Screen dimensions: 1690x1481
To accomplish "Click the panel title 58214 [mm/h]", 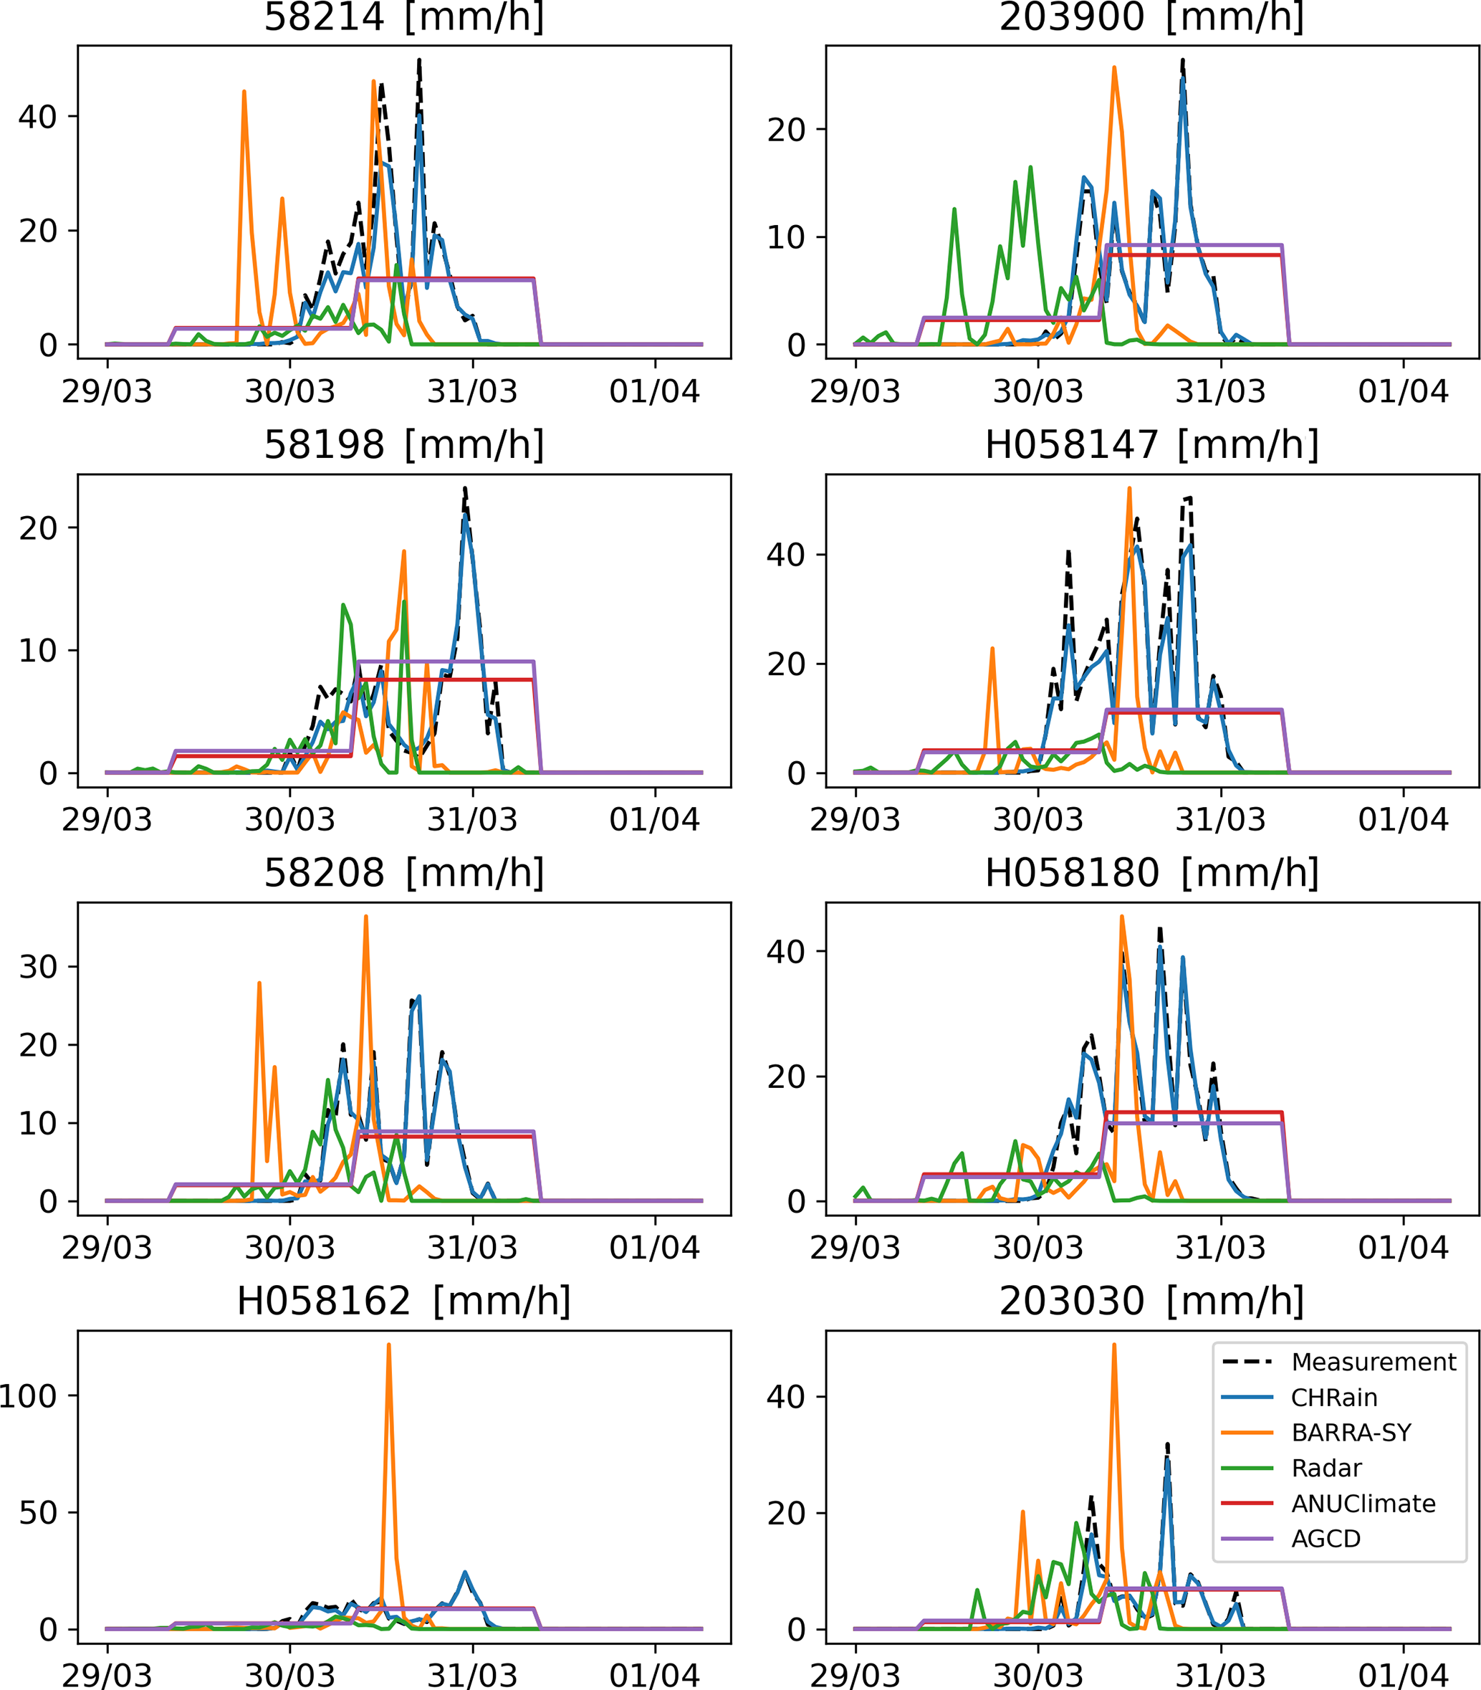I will [x=404, y=16].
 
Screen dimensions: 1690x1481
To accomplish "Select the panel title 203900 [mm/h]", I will [x=1152, y=16].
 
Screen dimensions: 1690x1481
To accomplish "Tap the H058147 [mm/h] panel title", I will [x=1152, y=445].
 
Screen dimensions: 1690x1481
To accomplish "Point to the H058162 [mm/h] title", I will [x=404, y=1301].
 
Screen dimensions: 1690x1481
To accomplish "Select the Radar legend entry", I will [x=1326, y=1468].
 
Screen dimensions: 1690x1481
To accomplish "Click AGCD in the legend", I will [x=1326, y=1539].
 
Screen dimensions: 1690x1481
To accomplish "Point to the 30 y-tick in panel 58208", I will [x=38, y=967].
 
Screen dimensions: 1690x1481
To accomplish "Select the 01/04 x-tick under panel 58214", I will [x=655, y=391].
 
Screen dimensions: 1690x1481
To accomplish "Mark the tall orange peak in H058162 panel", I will [x=388, y=1345].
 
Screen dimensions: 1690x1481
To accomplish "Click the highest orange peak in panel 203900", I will [x=1114, y=68].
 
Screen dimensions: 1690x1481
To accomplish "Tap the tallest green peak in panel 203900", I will [x=1030, y=168].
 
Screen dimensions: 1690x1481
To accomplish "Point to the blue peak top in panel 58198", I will [x=466, y=515].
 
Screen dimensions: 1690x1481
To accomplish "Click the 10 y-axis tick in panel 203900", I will [x=786, y=237].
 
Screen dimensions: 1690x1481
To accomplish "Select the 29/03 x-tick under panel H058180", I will [x=855, y=1248].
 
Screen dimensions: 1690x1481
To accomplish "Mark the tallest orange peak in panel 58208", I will [x=365, y=917].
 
